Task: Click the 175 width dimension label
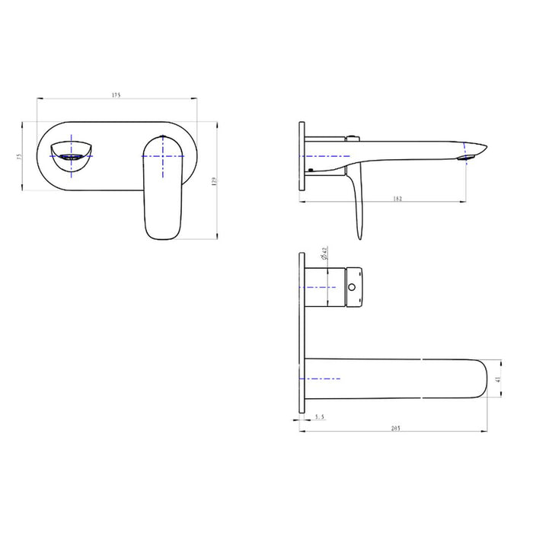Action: point(116,95)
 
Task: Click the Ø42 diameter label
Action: point(324,254)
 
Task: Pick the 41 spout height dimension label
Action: point(498,378)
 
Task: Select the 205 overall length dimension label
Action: point(395,429)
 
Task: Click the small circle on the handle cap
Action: point(352,288)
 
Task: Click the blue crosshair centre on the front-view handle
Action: point(164,155)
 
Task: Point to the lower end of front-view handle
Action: point(164,232)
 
